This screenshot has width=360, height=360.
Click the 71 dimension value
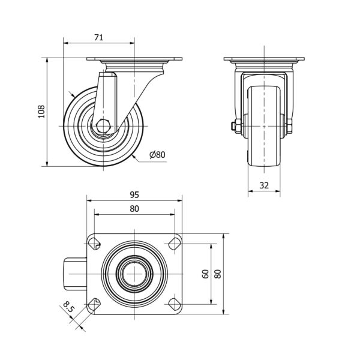(x=99, y=37)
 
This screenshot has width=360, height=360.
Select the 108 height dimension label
(x=41, y=112)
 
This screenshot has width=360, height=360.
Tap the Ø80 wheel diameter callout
(x=157, y=155)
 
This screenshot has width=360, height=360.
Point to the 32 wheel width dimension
(x=264, y=185)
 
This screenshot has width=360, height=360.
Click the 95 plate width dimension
(x=134, y=194)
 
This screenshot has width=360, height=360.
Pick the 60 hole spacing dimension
(x=205, y=274)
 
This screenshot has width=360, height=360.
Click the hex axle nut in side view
(x=103, y=126)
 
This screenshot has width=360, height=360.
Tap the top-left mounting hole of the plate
(x=94, y=244)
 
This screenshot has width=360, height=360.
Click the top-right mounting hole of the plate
(x=175, y=244)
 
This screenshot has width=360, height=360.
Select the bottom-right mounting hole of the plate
(x=175, y=304)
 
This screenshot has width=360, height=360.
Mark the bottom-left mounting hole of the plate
(x=94, y=304)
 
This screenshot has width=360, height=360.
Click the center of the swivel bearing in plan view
(x=134, y=274)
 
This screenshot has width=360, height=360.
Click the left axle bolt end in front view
(x=233, y=126)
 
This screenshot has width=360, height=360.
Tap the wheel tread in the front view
(x=264, y=126)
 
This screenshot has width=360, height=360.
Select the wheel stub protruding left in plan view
(x=75, y=274)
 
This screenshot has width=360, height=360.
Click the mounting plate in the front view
(x=264, y=59)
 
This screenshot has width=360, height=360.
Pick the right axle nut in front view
(x=290, y=126)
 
